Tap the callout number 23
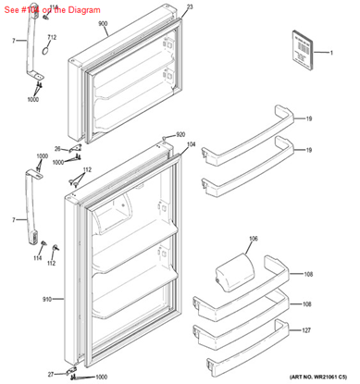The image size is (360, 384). pos(192,7)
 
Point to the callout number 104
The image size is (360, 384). pos(191,145)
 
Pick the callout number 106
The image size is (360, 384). pos(253,239)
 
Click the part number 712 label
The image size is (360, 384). pos(52,38)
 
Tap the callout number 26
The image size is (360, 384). pos(56,148)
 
